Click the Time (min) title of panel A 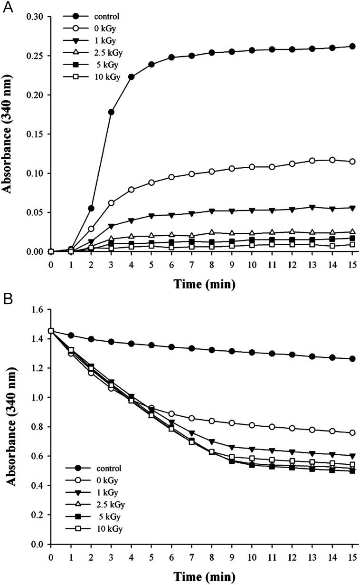pyautogui.click(x=201, y=284)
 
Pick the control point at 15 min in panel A pyautogui.click(x=352, y=46)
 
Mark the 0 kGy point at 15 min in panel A pyautogui.click(x=352, y=162)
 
